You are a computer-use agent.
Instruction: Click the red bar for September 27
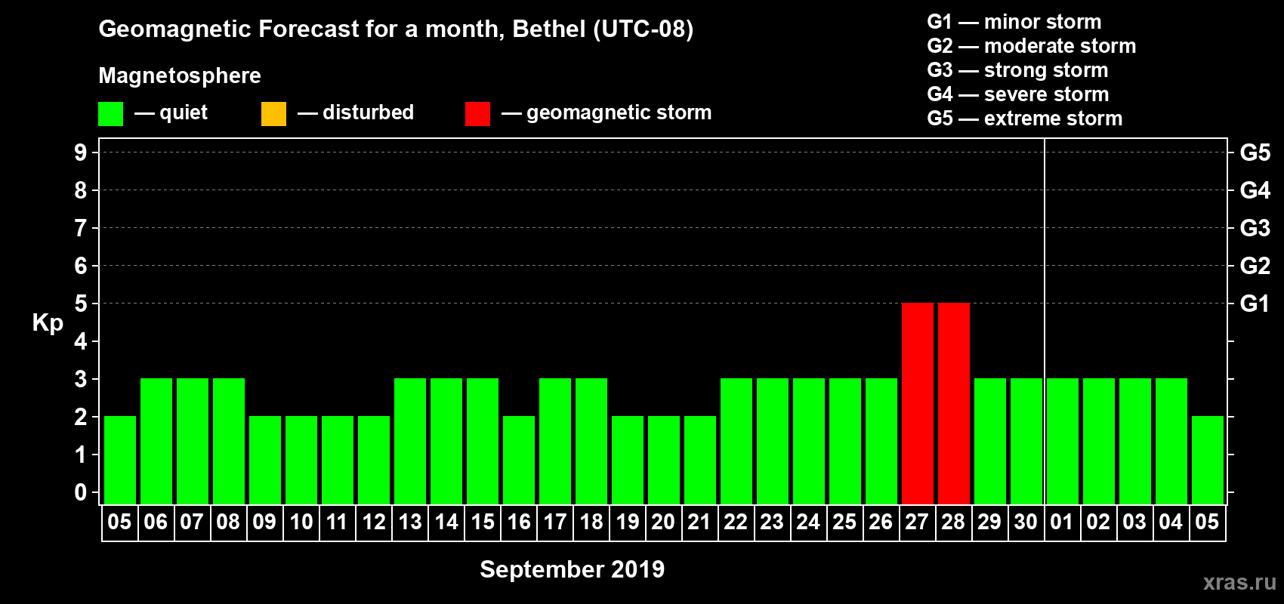917,403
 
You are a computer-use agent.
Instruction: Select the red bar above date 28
953,403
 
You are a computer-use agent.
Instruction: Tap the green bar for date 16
519,460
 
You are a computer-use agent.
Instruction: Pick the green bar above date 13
410,441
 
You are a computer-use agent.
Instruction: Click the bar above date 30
1026,441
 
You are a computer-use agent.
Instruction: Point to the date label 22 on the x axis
736,522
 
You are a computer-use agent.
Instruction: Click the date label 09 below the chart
264,522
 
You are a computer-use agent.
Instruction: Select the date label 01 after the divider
1062,522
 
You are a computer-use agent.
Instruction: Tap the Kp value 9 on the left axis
81,153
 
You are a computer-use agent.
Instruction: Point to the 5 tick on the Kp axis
81,304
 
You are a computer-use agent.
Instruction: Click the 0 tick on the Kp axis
81,492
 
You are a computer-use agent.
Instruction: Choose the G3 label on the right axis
1255,228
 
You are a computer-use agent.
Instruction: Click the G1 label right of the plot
1255,304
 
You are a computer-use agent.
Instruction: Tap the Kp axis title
48,323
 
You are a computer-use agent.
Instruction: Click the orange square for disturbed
273,114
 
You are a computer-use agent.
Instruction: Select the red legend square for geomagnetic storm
477,114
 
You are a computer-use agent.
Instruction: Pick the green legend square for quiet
110,114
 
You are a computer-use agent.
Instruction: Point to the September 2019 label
572,569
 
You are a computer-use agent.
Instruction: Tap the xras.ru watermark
1239,582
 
